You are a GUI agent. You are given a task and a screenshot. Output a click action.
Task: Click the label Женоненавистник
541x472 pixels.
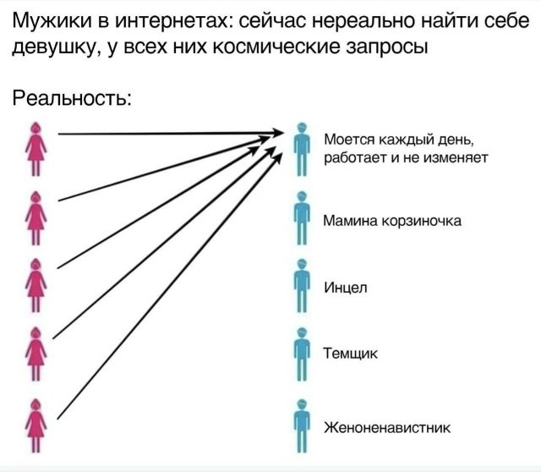[388, 426]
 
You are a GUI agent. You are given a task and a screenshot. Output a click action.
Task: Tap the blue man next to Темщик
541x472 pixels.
[300, 354]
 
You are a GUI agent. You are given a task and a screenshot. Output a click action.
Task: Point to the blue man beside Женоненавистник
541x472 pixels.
[300, 425]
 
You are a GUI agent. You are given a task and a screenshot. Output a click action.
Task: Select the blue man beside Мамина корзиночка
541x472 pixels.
[300, 217]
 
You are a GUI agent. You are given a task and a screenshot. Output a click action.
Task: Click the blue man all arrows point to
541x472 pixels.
[301, 148]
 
